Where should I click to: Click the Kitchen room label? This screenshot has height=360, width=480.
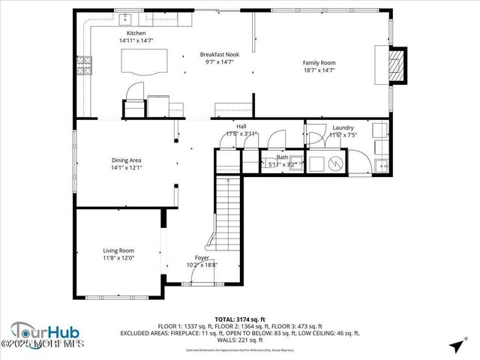(x=136, y=34)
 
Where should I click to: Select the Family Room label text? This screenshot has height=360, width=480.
(x=318, y=63)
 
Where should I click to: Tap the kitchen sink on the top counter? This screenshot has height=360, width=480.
(x=124, y=18)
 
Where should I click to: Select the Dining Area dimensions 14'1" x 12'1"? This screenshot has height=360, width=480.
(x=126, y=168)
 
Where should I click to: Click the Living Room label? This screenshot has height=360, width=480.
(x=118, y=250)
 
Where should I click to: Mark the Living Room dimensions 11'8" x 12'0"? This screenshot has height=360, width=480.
(x=118, y=258)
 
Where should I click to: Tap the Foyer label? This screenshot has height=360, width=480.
(x=202, y=257)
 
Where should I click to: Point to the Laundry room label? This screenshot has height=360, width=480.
(x=343, y=127)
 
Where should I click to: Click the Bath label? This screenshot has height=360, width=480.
(x=282, y=157)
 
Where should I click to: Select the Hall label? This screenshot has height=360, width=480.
(x=241, y=127)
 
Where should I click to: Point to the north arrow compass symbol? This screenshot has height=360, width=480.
(x=455, y=345)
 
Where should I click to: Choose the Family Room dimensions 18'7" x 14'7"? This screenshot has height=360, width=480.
(x=318, y=70)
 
